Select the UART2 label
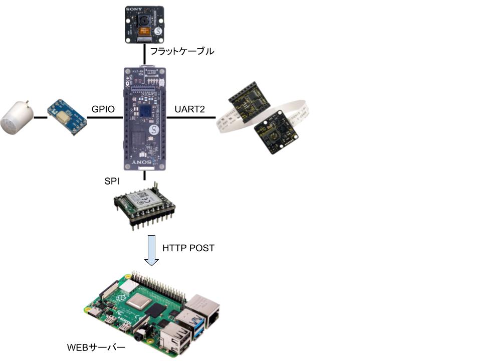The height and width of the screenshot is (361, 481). (189, 109)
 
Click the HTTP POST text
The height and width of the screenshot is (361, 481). (188, 248)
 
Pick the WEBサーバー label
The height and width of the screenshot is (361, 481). (96, 347)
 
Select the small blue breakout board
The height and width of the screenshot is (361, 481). (67, 117)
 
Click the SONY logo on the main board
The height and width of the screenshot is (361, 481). (144, 163)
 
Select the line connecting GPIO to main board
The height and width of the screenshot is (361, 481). (105, 118)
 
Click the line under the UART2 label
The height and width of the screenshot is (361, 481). (190, 118)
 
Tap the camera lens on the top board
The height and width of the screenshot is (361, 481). (144, 22)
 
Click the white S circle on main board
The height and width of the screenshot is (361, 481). (154, 131)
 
